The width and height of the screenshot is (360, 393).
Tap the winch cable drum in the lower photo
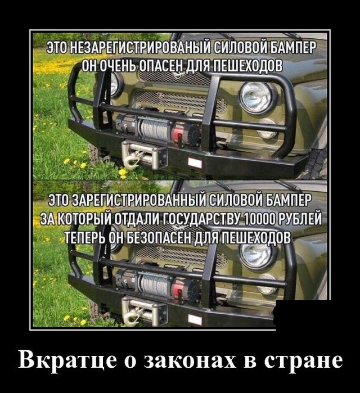click(x=155, y=284)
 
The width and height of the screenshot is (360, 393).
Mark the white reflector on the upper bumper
click(x=195, y=163)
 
